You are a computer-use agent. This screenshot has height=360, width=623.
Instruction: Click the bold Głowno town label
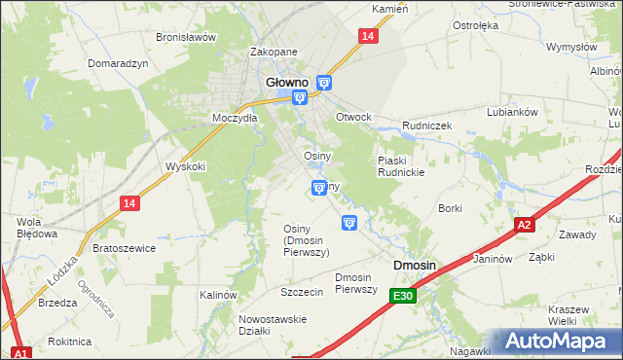[288, 83]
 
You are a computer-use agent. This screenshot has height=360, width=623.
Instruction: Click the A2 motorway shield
[525, 225]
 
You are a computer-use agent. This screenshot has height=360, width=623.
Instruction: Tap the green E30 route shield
[405, 296]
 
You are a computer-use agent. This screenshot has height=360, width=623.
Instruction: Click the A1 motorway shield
[22, 352]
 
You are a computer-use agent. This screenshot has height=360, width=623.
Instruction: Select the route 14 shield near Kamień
[367, 36]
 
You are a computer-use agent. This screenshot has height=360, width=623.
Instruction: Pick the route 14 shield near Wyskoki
[130, 202]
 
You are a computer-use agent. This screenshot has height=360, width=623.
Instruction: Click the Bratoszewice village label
[124, 248]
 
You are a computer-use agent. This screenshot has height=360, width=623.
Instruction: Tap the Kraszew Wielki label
[568, 314]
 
